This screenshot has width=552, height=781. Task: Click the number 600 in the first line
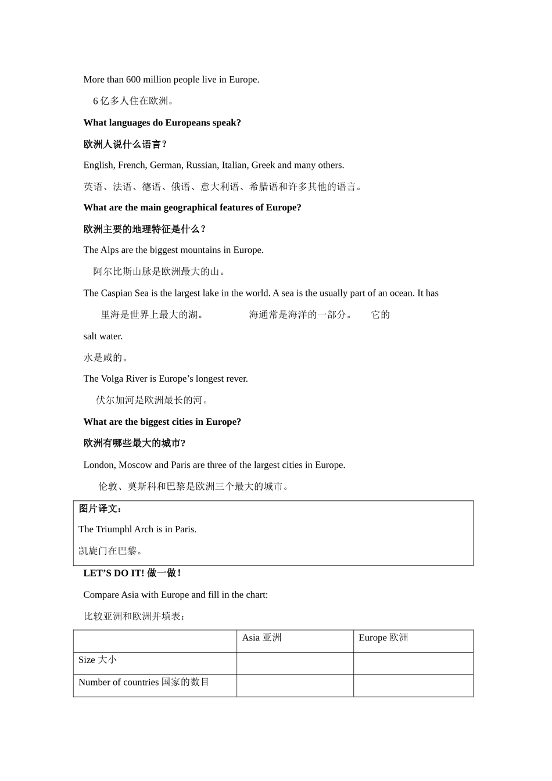tap(133, 80)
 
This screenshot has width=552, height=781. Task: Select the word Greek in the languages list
tap(263, 165)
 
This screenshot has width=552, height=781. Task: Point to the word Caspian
tap(116, 293)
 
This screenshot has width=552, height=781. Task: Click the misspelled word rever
tap(236, 379)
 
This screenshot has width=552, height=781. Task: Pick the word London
tap(99, 465)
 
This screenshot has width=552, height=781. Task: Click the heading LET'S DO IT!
tap(113, 573)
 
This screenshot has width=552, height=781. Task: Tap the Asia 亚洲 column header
tap(261, 638)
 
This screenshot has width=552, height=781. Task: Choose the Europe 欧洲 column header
tap(383, 638)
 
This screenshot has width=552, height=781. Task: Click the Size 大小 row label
tap(98, 660)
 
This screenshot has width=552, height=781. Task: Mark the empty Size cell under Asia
tap(295, 663)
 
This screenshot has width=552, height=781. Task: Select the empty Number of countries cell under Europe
tap(413, 685)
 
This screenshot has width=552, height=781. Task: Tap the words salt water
tap(103, 336)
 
